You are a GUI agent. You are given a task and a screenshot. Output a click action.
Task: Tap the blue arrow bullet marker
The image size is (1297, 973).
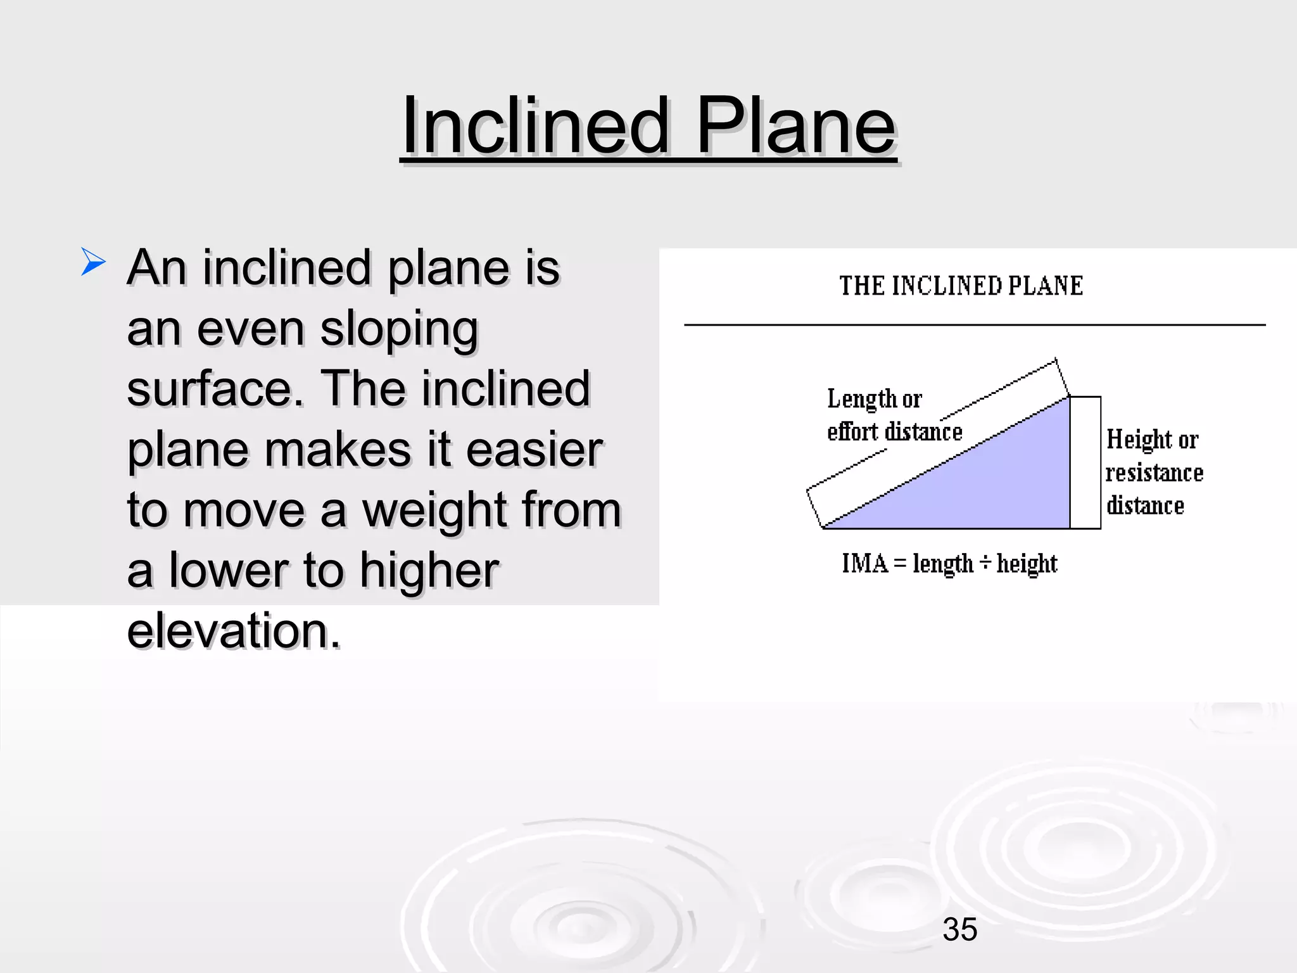92,262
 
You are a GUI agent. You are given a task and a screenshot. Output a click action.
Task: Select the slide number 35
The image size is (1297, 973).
959,929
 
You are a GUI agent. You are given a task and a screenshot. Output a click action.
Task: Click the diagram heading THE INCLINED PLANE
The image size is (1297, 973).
961,286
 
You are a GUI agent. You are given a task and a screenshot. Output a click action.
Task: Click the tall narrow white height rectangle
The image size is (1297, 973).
1085,462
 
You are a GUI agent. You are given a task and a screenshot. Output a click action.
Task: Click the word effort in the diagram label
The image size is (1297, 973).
852,432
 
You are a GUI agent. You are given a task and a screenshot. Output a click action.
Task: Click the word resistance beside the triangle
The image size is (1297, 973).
1154,473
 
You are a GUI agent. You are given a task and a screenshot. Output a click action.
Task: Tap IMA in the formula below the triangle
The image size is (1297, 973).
864,563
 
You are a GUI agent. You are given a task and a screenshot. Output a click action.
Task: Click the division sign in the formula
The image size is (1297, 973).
984,563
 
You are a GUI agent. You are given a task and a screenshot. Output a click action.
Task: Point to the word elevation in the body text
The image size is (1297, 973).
233,631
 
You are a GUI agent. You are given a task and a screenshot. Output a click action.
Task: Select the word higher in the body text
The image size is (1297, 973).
429,571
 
